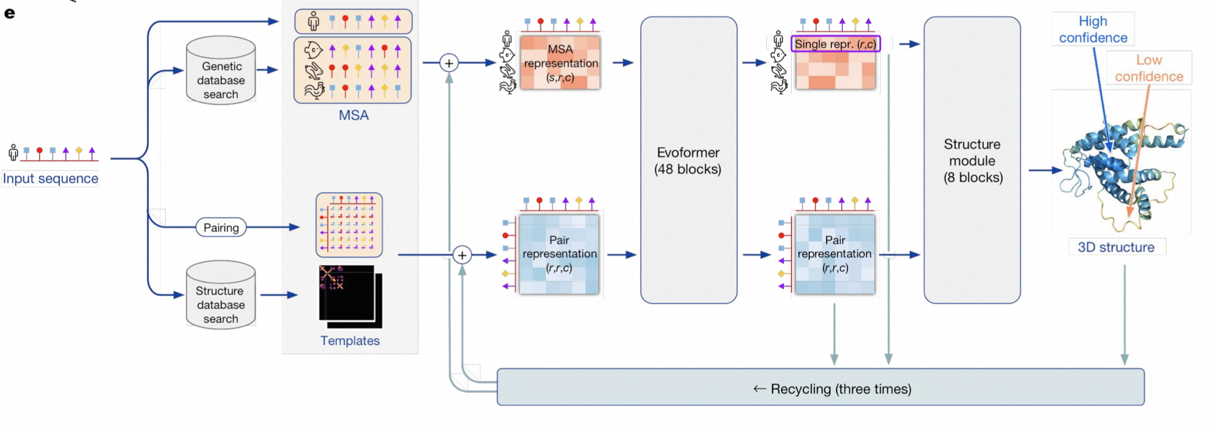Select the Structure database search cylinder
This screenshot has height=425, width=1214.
tap(221, 296)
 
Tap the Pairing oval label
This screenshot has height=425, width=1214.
tap(221, 228)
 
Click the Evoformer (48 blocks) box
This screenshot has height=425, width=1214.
tap(688, 160)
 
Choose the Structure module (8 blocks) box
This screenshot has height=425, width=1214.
tap(972, 160)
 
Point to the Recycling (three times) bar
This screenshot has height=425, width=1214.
tap(820, 387)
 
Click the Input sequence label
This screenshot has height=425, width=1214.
tap(50, 179)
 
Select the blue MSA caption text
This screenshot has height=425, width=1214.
tap(354, 115)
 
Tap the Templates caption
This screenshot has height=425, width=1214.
tap(350, 341)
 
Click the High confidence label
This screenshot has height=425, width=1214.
tap(1093, 30)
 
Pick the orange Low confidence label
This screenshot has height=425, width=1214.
tap(1149, 68)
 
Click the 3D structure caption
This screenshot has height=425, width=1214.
tap(1116, 247)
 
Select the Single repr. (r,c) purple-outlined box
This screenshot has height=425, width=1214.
tap(835, 44)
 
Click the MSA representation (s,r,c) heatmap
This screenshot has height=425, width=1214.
tap(560, 63)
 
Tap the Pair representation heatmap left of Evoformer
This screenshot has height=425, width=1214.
tap(559, 254)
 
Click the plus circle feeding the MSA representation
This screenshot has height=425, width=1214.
tap(449, 63)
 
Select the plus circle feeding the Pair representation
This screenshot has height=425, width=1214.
tap(462, 255)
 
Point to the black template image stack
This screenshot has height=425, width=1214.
tap(350, 296)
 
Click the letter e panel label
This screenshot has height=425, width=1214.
tap(9, 13)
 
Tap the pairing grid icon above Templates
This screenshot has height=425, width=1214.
tap(349, 225)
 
